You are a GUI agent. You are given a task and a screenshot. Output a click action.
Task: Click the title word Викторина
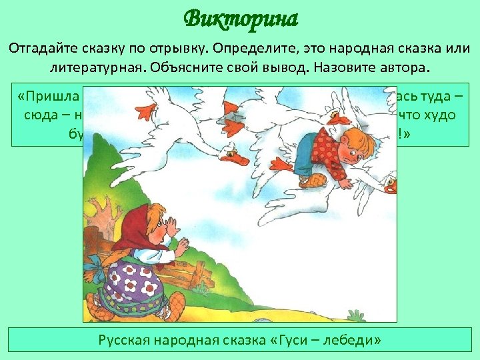[241, 18]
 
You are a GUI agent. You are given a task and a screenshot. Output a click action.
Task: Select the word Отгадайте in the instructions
[44, 50]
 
